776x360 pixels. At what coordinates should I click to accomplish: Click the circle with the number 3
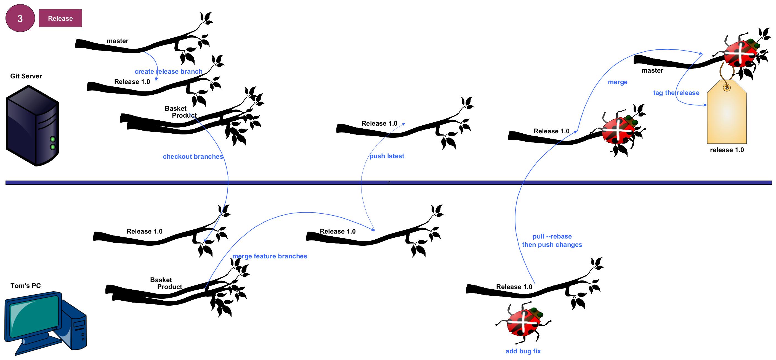20,18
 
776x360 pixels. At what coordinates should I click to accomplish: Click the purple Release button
60,18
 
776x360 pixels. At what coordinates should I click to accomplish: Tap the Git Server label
26,76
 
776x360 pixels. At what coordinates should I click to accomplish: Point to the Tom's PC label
26,285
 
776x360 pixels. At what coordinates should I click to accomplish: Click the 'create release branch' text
168,72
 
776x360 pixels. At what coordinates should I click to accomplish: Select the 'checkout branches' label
193,157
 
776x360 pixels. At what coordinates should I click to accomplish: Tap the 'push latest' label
387,156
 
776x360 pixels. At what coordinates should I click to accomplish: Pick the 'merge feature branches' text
270,256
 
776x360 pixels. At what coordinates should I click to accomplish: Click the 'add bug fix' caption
523,351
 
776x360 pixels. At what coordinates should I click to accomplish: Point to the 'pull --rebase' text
552,237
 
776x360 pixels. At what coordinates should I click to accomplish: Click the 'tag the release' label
676,93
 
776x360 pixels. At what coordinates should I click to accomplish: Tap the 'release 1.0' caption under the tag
727,150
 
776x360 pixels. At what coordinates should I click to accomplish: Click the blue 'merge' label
618,82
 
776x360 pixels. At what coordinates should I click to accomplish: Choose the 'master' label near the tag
652,70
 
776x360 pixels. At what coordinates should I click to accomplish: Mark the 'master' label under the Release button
118,41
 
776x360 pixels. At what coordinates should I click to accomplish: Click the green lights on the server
53,143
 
